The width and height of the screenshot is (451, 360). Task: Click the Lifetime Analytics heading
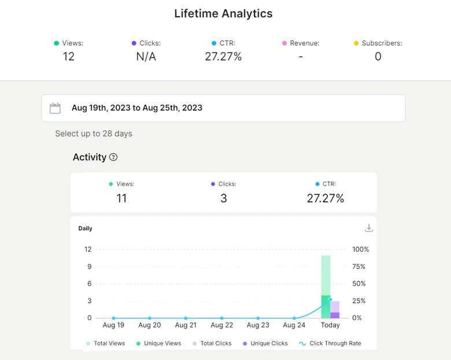point(223,13)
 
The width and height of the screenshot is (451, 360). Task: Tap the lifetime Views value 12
point(68,56)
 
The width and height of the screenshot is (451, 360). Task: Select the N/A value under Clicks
point(146,56)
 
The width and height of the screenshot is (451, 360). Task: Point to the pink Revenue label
point(304,43)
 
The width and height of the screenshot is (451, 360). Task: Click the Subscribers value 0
point(378,56)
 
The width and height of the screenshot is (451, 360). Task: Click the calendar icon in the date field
point(55,108)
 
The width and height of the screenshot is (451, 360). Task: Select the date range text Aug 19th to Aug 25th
point(137,108)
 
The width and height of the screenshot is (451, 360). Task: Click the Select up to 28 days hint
point(94,134)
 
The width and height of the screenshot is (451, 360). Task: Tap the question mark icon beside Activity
point(113,157)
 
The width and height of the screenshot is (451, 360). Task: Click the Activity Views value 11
point(121,199)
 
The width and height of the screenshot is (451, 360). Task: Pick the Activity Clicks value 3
point(224,199)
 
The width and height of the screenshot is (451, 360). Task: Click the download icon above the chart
point(369,228)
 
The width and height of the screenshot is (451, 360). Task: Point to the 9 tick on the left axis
point(89,267)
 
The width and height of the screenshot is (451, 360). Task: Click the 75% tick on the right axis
point(359,267)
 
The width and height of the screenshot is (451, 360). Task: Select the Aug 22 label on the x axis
point(221,325)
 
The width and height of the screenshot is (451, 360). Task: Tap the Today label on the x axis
point(330,325)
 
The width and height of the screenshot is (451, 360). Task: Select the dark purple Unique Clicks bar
point(335,315)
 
